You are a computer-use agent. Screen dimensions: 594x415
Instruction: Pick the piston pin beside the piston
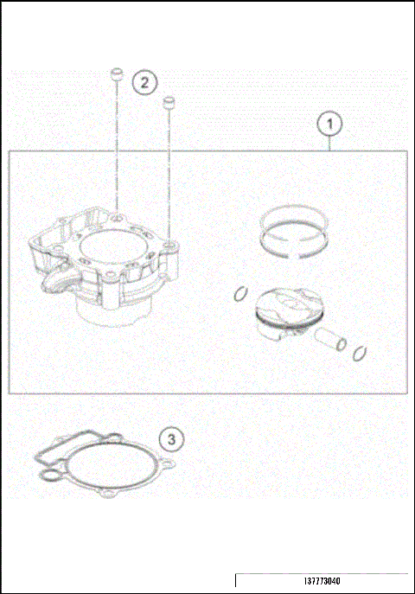coord(329,339)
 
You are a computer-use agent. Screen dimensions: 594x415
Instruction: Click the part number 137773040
coord(322,584)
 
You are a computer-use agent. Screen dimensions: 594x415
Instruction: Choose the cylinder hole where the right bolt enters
coord(170,247)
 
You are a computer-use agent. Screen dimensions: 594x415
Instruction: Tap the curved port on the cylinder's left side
coord(52,284)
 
